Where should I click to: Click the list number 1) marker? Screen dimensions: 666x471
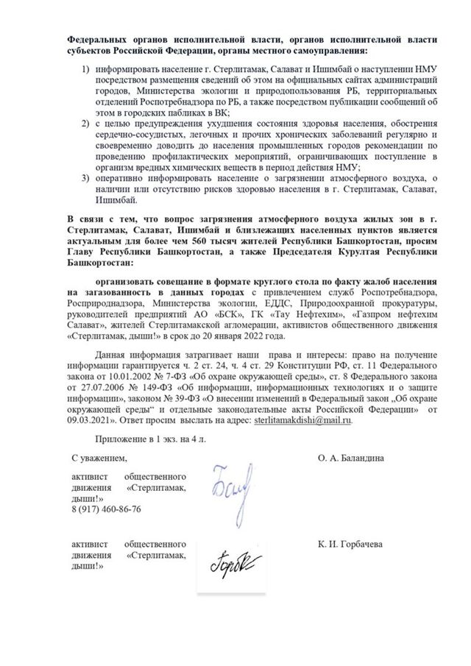(x=85, y=68)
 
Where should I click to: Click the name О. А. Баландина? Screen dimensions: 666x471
(x=352, y=457)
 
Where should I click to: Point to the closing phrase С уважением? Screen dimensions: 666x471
(x=99, y=457)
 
